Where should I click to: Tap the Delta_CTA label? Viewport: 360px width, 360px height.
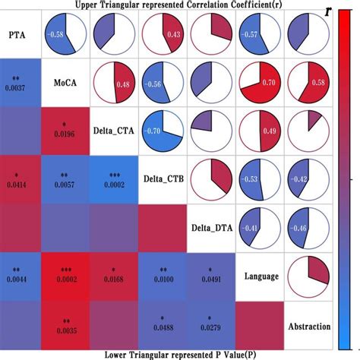pos(114,131)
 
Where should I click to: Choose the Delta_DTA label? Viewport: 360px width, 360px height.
pos(210,226)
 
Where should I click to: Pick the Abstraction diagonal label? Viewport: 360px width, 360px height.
pos(310,326)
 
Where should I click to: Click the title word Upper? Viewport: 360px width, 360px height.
pos(90,5)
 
